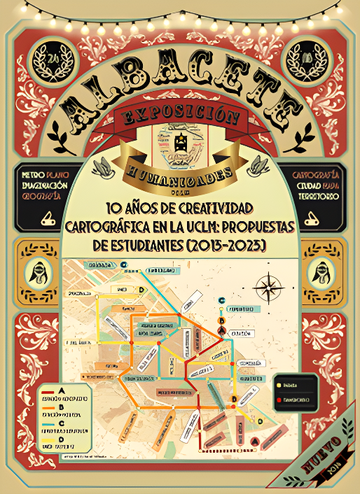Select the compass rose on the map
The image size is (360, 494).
(269, 288)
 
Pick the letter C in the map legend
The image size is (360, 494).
(62, 423)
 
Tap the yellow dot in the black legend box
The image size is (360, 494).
(280, 384)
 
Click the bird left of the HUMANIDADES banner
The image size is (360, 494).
(106, 165)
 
